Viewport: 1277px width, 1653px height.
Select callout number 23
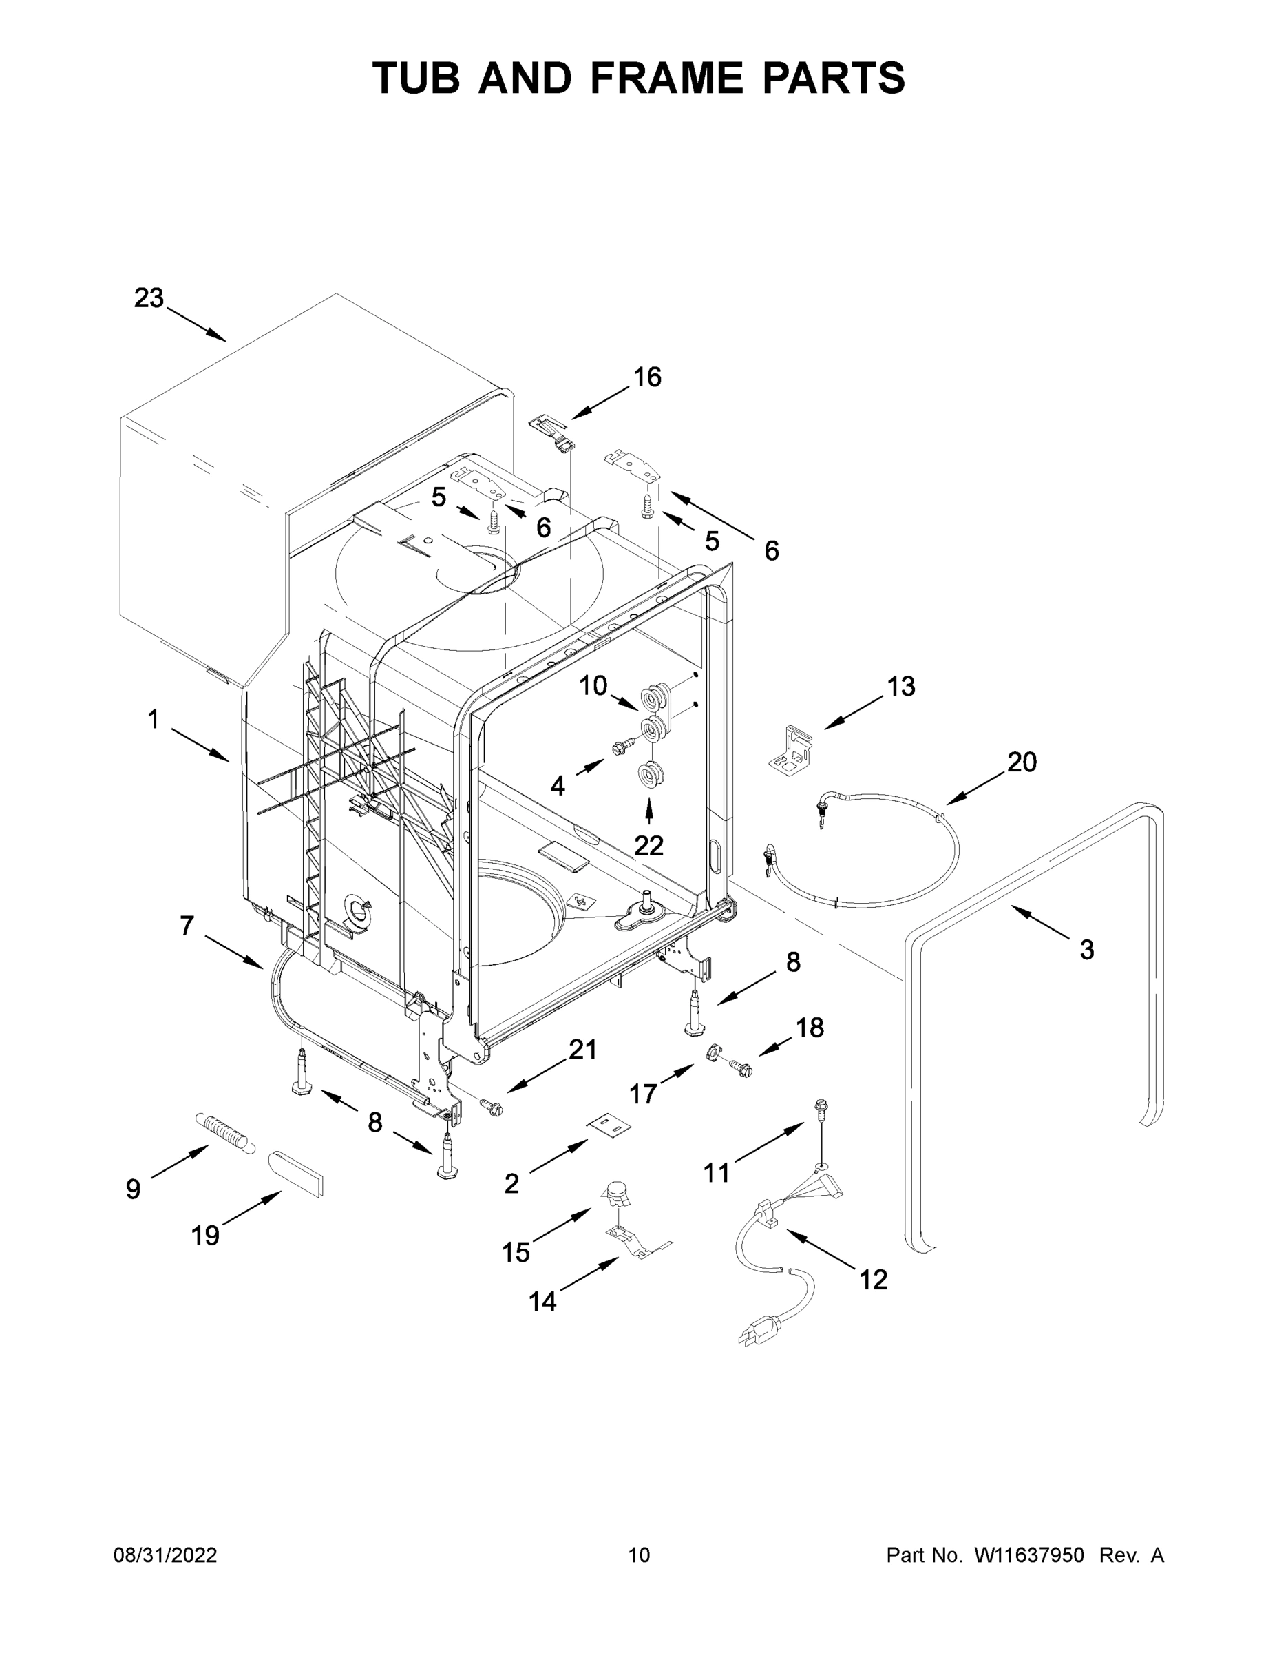pos(149,298)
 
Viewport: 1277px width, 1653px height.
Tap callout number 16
pos(648,376)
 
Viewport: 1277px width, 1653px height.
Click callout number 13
pos(901,686)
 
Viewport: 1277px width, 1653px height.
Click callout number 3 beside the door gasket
pos(1086,949)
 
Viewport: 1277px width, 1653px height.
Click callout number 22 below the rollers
pos(648,845)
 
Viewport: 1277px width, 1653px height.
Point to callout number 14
pos(542,1302)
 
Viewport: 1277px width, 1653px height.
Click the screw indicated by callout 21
pos(492,1108)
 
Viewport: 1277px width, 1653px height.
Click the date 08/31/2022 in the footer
pos(165,1555)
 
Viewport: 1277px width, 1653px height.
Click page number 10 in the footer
pos(639,1555)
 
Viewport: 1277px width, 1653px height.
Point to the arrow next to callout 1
pos(200,745)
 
